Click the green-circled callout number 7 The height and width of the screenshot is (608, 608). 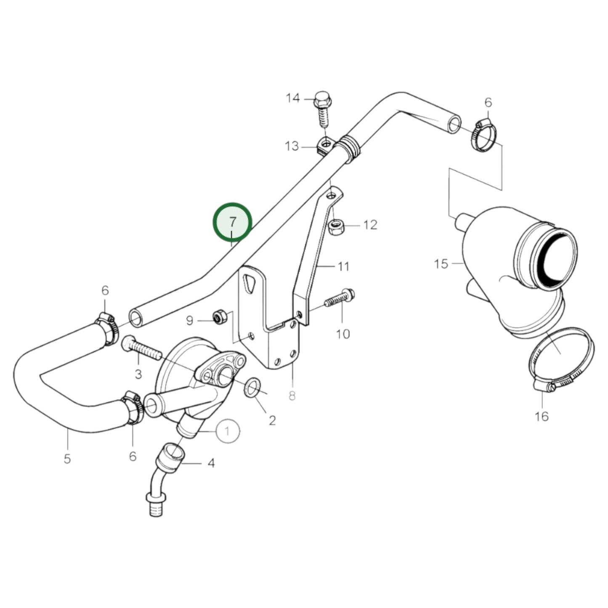click(233, 222)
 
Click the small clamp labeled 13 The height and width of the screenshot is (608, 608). click(325, 147)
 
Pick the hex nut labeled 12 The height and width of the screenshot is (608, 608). click(336, 228)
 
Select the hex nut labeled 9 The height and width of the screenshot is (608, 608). click(220, 316)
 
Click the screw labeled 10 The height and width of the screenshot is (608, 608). click(340, 299)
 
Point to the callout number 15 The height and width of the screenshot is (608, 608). click(441, 264)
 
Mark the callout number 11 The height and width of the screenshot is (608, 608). click(343, 266)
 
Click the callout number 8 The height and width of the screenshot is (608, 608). click(292, 396)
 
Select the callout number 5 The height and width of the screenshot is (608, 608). click(67, 459)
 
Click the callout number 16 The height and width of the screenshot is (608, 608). click(542, 416)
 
